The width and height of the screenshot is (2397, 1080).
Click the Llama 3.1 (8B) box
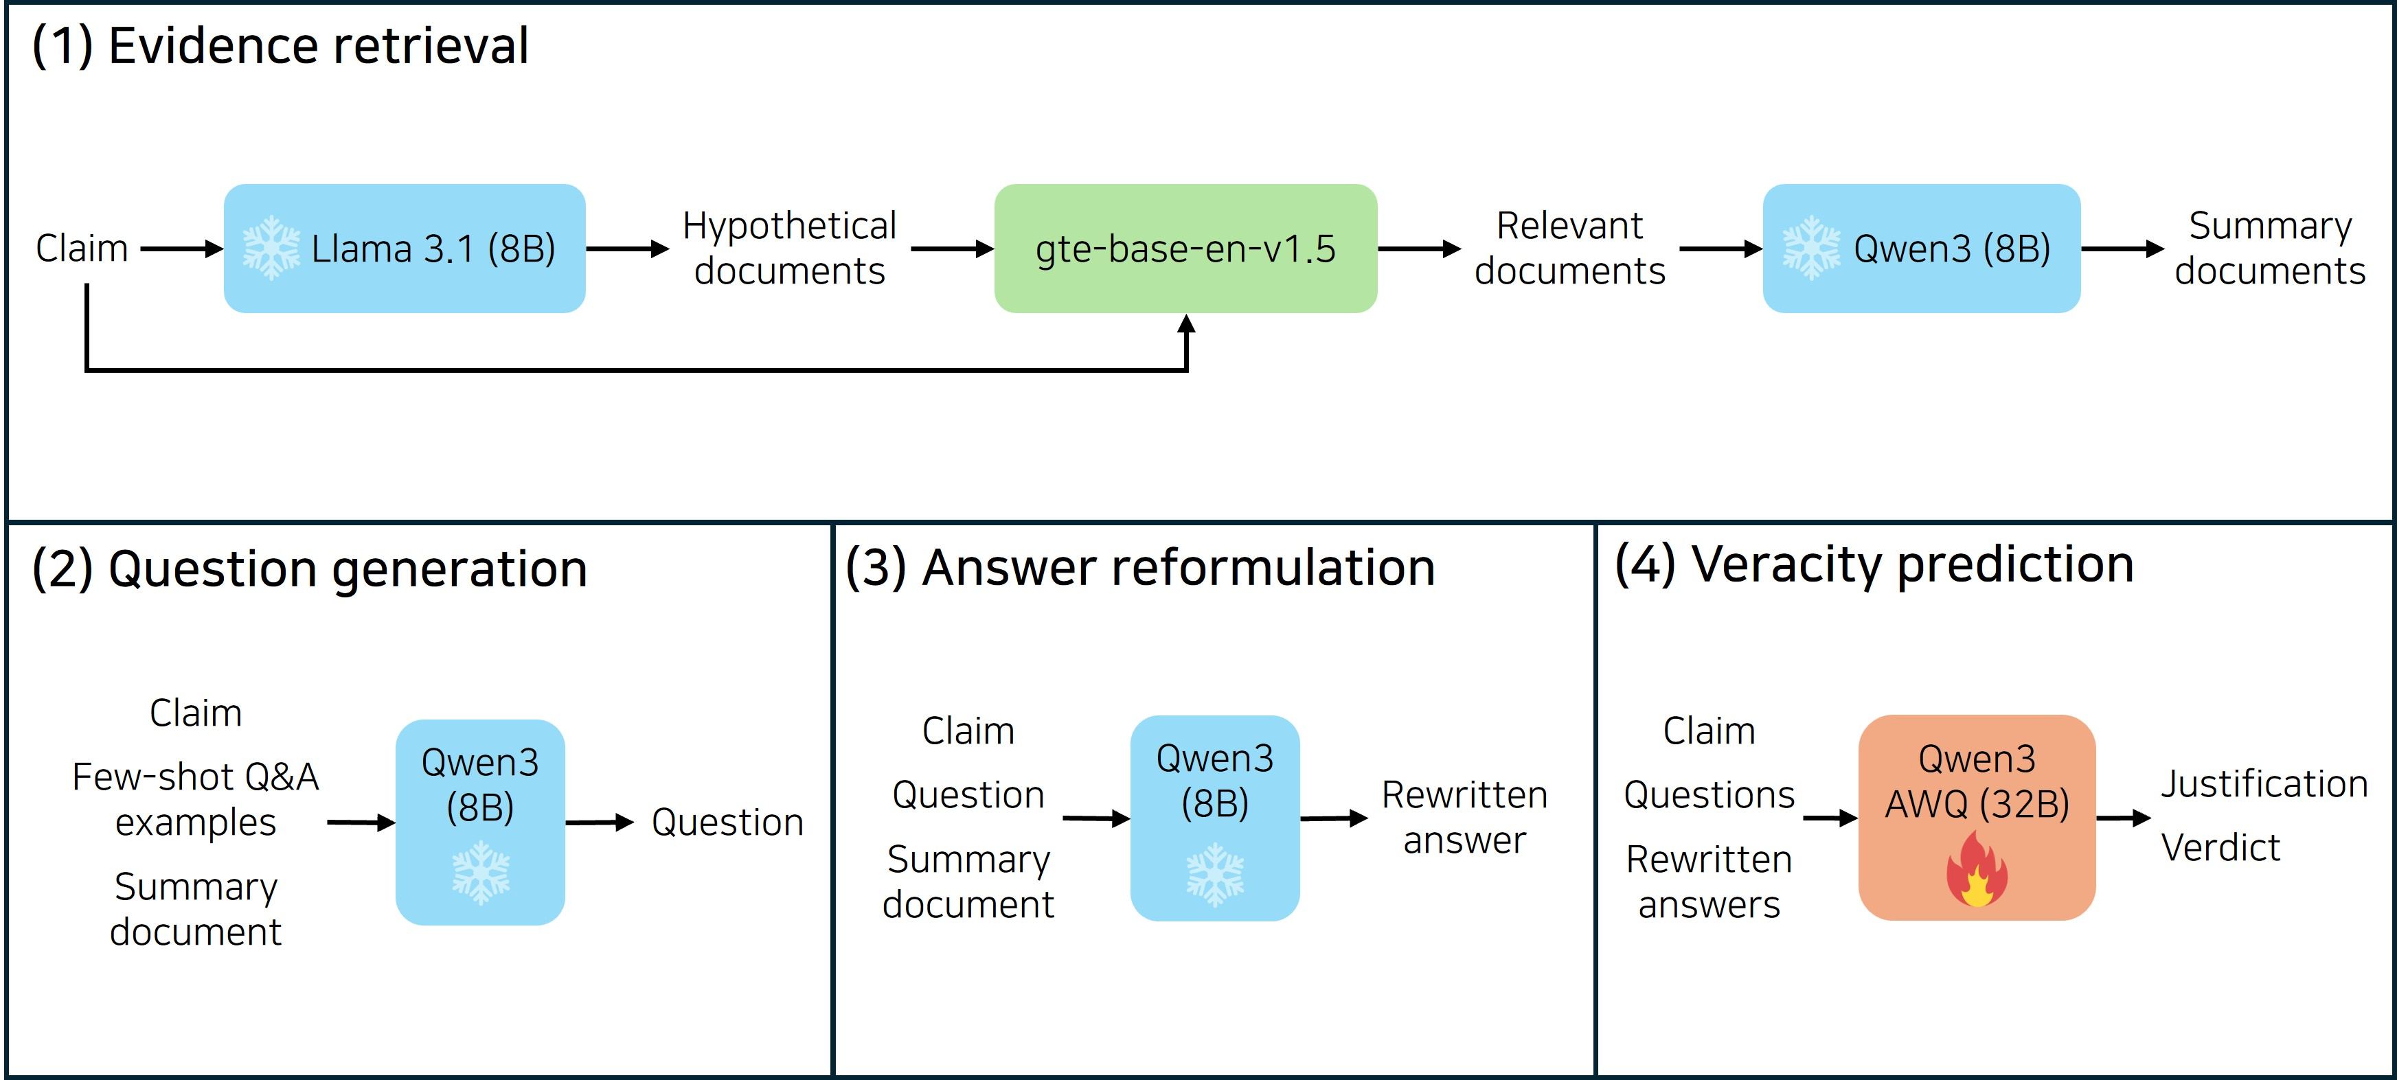pyautogui.click(x=404, y=249)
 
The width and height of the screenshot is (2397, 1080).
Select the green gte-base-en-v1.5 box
pyautogui.click(x=1185, y=249)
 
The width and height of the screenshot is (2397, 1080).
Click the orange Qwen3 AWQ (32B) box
pyautogui.click(x=1977, y=817)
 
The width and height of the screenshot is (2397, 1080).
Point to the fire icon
pyautogui.click(x=1977, y=870)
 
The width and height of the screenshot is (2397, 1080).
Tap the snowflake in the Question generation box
pyautogui.click(x=480, y=873)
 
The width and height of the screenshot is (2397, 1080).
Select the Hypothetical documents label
pyautogui.click(x=789, y=249)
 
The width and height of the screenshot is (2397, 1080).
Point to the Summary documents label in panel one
pyautogui.click(x=2269, y=249)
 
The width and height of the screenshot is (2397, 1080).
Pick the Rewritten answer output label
pyautogui.click(x=1464, y=817)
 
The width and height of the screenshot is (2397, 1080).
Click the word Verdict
pyautogui.click(x=2220, y=847)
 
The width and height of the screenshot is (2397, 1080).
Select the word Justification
pyautogui.click(x=2264, y=784)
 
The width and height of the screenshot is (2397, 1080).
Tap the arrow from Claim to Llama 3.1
pyautogui.click(x=181, y=249)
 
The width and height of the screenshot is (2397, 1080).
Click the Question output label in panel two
pyautogui.click(x=727, y=823)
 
